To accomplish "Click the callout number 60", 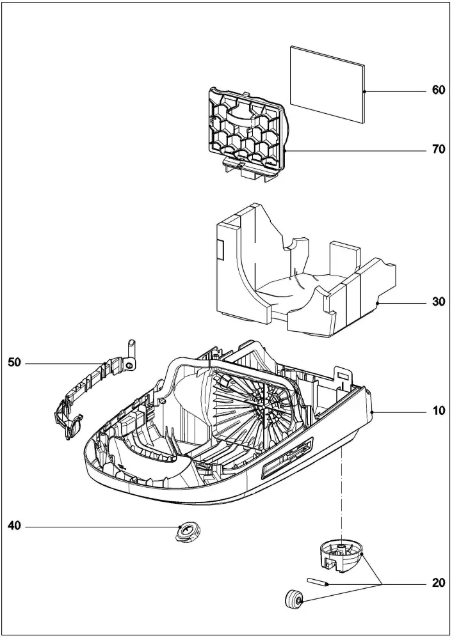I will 438,91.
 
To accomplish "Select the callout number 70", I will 438,150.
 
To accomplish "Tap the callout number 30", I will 438,302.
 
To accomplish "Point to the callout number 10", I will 438,411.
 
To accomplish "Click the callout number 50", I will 15,362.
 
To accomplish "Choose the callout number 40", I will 15,526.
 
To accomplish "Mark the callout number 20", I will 438,582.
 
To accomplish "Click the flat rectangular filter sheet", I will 327,84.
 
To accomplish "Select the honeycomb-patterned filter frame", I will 246,128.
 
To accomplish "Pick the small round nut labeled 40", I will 187,531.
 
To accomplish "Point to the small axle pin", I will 318,582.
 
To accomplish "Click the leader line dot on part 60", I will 364,92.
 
